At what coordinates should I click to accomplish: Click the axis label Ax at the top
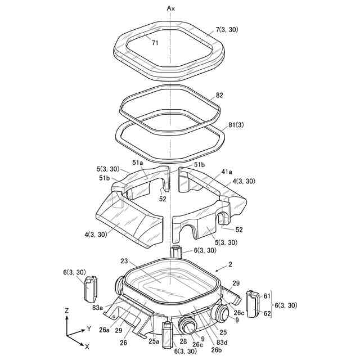172,8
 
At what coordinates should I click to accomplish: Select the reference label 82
220,96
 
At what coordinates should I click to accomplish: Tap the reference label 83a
97,307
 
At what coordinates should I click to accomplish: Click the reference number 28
183,341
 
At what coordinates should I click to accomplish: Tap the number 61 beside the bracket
267,296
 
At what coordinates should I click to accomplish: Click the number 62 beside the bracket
267,314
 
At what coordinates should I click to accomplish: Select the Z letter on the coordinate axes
67,310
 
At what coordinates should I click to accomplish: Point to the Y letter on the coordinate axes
89,328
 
